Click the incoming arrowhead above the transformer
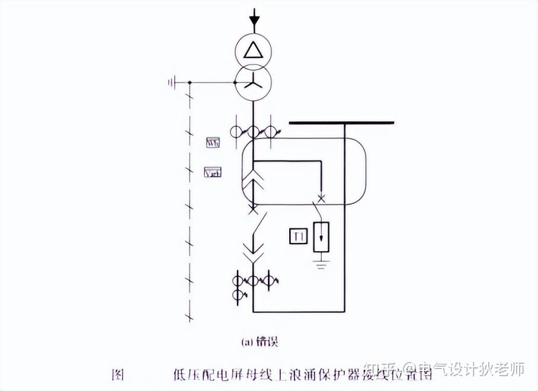(254, 20)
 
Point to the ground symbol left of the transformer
(172, 82)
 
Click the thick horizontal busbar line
(341, 123)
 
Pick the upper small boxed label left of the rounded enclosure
(213, 142)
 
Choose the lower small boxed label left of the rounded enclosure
(212, 172)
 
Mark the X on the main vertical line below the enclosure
(253, 209)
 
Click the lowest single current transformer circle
(238, 294)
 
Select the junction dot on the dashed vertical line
(189, 82)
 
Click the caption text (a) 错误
(260, 342)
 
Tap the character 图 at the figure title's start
(118, 374)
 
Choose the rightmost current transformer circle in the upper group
(271, 132)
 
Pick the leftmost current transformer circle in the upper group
(236, 132)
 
